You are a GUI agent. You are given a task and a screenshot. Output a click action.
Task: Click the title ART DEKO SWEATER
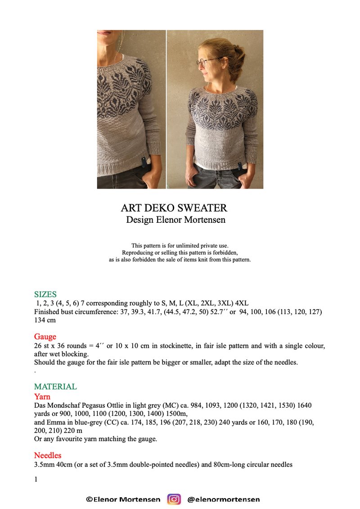click(x=174, y=208)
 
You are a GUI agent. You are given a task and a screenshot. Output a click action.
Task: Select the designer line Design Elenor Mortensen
click(x=175, y=220)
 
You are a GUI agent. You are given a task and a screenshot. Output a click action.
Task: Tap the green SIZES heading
click(x=45, y=294)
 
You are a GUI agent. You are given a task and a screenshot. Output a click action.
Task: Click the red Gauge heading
click(x=45, y=337)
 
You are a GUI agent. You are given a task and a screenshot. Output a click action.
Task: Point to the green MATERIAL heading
click(x=55, y=387)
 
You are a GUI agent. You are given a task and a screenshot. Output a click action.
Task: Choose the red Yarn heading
click(x=42, y=397)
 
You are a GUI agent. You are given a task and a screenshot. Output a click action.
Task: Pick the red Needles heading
click(x=48, y=455)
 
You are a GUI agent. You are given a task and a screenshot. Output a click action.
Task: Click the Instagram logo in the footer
click(x=174, y=499)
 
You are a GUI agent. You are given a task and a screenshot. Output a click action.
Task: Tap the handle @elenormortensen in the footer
click(x=223, y=499)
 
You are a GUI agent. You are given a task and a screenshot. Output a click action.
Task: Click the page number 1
click(x=36, y=480)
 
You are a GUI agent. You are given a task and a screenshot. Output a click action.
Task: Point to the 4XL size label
click(x=242, y=303)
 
